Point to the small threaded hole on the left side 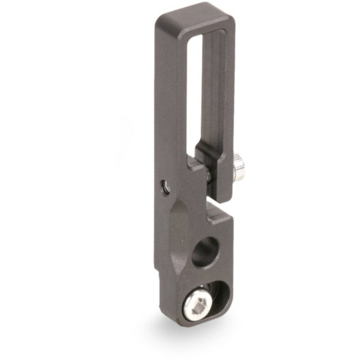pyautogui.click(x=165, y=186)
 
